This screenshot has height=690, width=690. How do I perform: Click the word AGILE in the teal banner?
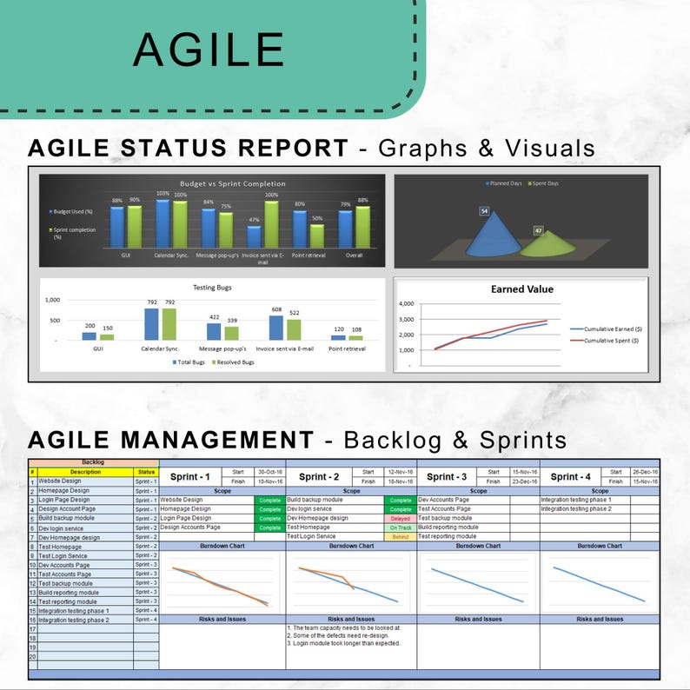click(209, 50)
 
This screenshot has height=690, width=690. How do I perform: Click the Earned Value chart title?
click(521, 289)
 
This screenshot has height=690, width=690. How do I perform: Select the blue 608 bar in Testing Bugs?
click(276, 328)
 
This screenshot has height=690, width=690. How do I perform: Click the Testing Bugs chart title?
click(212, 287)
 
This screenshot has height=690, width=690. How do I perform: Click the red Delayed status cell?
click(401, 518)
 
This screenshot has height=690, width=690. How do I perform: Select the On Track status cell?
click(401, 527)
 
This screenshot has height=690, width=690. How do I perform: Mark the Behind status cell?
click(401, 537)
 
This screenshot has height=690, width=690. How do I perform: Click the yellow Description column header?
click(85, 472)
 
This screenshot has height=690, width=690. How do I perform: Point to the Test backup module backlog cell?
click(85, 583)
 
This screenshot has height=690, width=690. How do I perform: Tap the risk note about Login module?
click(344, 644)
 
